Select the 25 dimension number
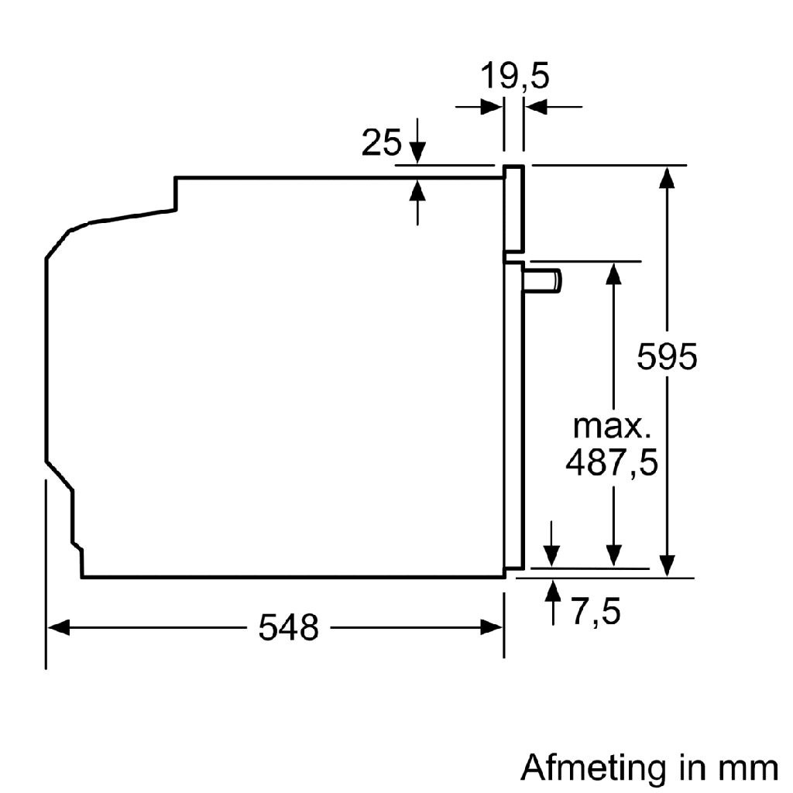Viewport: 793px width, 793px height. point(382,143)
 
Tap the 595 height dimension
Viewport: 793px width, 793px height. point(667,357)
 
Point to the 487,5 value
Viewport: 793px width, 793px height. point(612,463)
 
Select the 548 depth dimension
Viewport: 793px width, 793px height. point(288,627)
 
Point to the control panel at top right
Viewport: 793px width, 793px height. point(514,210)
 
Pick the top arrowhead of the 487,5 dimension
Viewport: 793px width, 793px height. point(613,273)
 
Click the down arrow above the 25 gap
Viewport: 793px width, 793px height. point(418,153)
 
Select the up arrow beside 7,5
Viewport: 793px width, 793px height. point(552,590)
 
